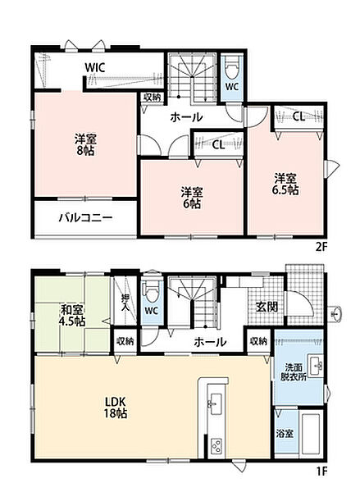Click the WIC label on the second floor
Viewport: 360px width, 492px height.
[x=95, y=68]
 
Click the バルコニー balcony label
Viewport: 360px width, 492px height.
[x=86, y=217]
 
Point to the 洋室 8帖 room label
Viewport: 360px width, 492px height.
[x=85, y=144]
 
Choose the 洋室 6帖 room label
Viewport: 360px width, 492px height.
[x=191, y=198]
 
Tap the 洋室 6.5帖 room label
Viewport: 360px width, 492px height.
[x=285, y=184]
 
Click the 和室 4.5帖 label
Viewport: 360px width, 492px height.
[x=73, y=316]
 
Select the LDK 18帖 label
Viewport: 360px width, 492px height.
[x=116, y=407]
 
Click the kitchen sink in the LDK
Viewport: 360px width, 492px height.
[x=216, y=400]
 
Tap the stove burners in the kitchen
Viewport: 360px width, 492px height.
[x=216, y=445]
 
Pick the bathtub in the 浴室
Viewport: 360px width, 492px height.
[x=311, y=434]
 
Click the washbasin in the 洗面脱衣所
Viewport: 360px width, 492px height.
[x=316, y=366]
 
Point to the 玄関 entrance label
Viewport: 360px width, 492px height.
[x=267, y=307]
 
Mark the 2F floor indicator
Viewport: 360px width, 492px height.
[x=321, y=248]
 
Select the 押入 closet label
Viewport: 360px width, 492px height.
[x=125, y=303]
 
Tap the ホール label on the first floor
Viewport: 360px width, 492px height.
[x=210, y=342]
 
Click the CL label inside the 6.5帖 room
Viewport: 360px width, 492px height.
[x=298, y=116]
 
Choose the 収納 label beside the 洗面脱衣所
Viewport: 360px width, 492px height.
[x=258, y=341]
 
